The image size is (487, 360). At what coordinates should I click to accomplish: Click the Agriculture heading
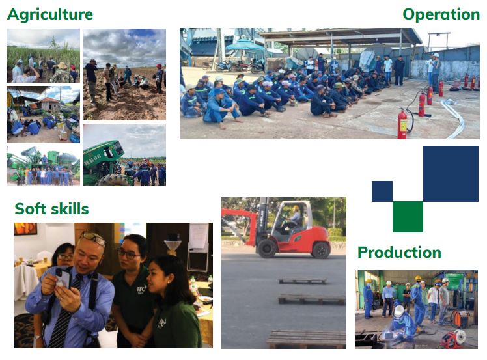[x=50, y=15]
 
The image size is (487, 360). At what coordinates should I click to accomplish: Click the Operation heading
[x=441, y=15]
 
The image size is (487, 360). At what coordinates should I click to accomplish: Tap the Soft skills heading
[x=51, y=208]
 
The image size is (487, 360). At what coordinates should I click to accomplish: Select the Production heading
[x=399, y=252]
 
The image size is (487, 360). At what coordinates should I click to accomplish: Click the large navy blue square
[x=451, y=174]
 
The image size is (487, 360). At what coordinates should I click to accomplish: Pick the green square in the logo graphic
[x=408, y=217]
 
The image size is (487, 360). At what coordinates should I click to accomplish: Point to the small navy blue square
[x=382, y=191]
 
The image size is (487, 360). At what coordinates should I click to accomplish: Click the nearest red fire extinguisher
[x=402, y=124]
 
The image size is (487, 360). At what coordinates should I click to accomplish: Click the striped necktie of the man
[x=62, y=314]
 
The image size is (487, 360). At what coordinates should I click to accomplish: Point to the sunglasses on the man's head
[x=93, y=238]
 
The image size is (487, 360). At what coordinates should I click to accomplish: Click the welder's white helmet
[x=398, y=311]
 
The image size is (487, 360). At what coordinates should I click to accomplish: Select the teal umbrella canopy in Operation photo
[x=244, y=46]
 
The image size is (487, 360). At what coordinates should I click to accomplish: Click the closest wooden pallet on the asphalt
[x=307, y=340]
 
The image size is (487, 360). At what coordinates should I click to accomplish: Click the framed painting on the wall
[x=26, y=228]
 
